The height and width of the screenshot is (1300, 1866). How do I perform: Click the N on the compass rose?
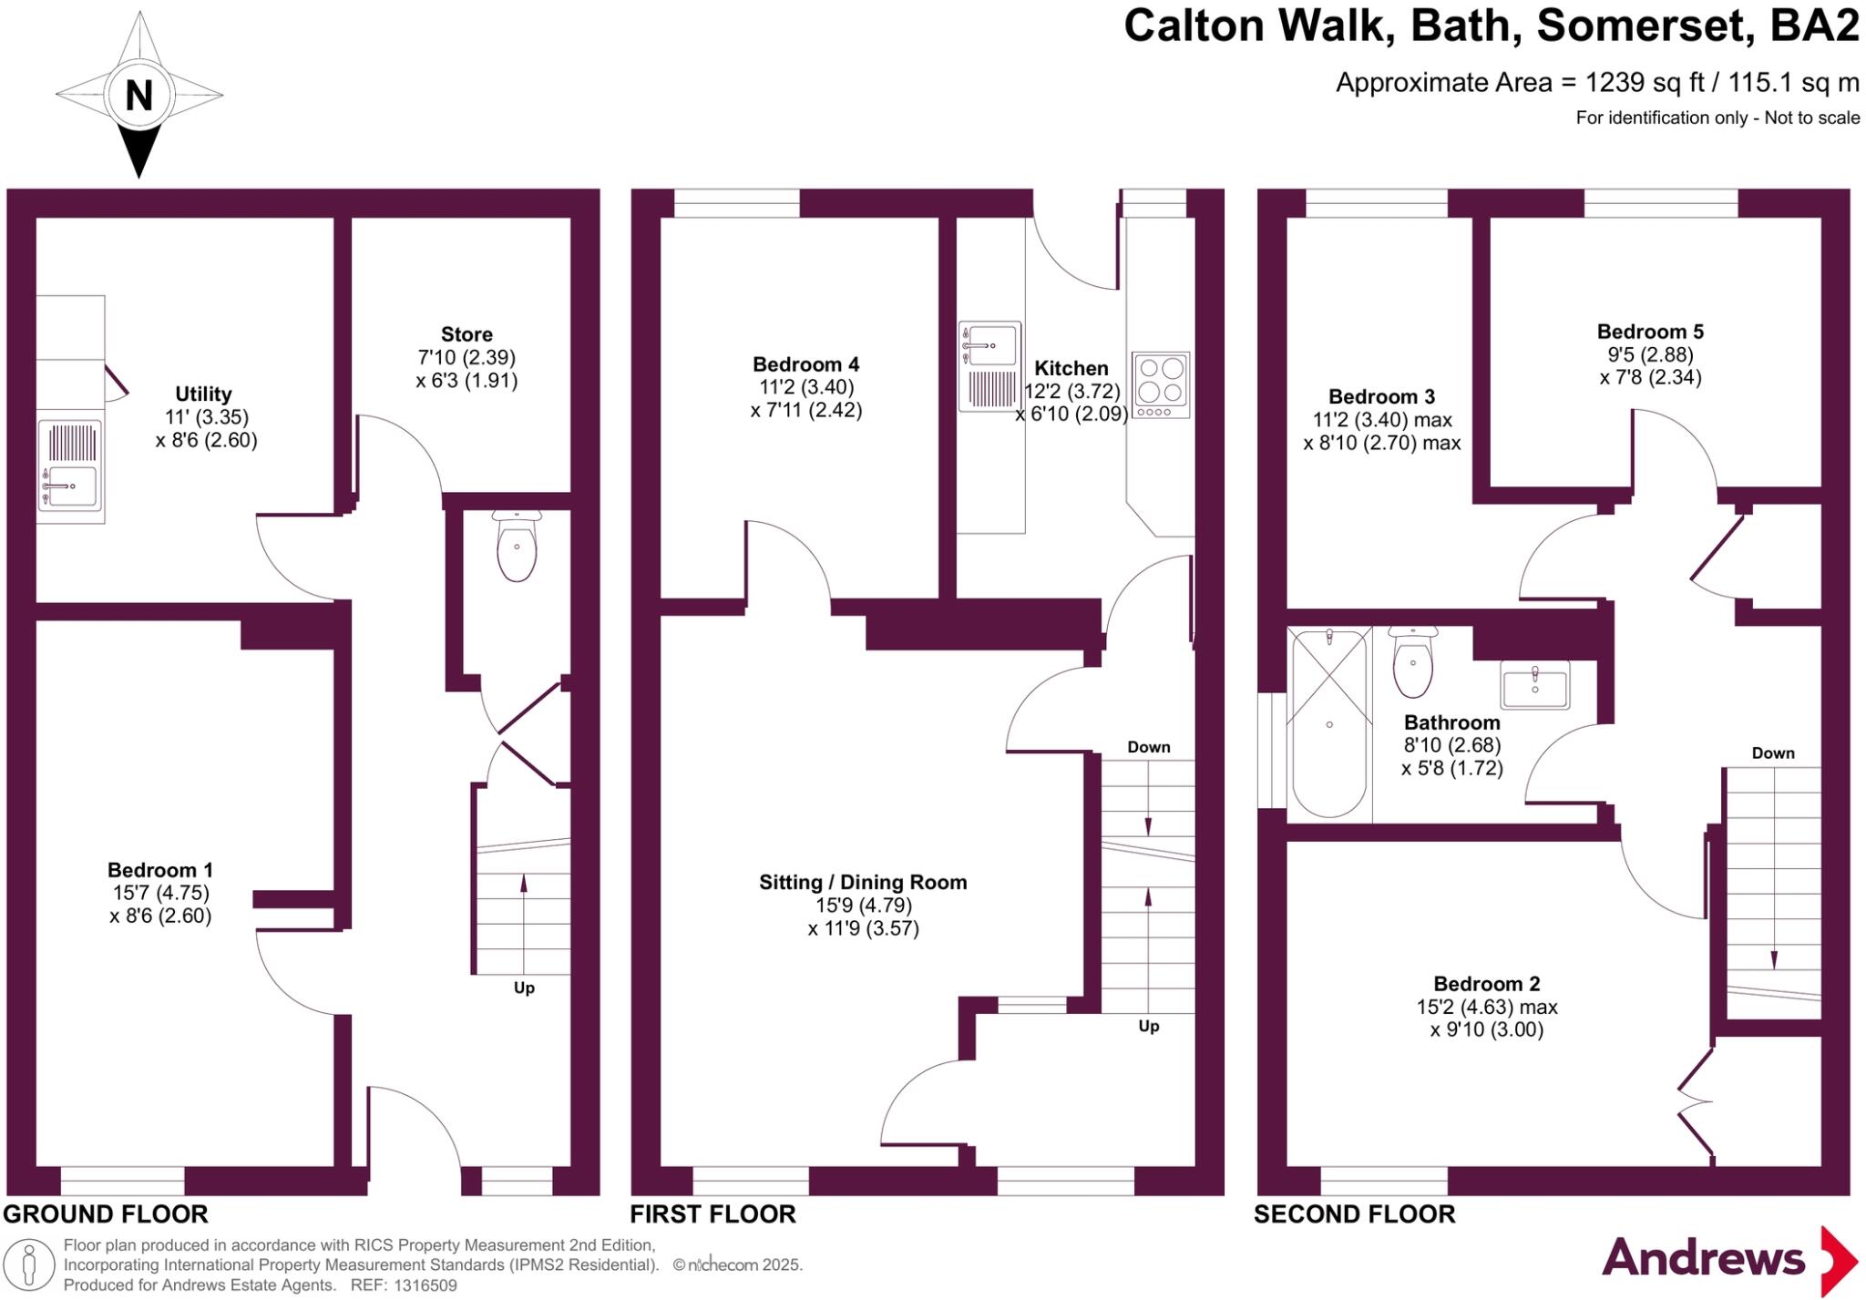(138, 95)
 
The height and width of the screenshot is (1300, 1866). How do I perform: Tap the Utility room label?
(203, 394)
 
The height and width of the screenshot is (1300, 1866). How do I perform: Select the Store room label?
(466, 334)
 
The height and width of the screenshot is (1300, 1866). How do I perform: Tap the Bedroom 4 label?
(805, 364)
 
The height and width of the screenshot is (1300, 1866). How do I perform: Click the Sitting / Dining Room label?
(863, 882)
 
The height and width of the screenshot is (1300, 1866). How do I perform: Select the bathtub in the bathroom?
(1329, 723)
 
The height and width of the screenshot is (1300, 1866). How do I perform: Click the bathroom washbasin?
(1534, 685)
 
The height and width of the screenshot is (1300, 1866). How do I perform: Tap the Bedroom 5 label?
(1650, 332)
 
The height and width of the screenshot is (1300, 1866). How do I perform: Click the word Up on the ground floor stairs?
(524, 988)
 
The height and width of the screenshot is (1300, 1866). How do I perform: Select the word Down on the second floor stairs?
(1772, 753)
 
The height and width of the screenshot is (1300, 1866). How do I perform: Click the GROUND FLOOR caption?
(106, 1214)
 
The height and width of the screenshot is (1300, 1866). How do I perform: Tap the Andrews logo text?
(1703, 1258)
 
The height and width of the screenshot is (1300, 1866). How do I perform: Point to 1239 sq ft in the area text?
(1645, 83)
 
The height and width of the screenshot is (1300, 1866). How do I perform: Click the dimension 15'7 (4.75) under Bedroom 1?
(159, 893)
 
